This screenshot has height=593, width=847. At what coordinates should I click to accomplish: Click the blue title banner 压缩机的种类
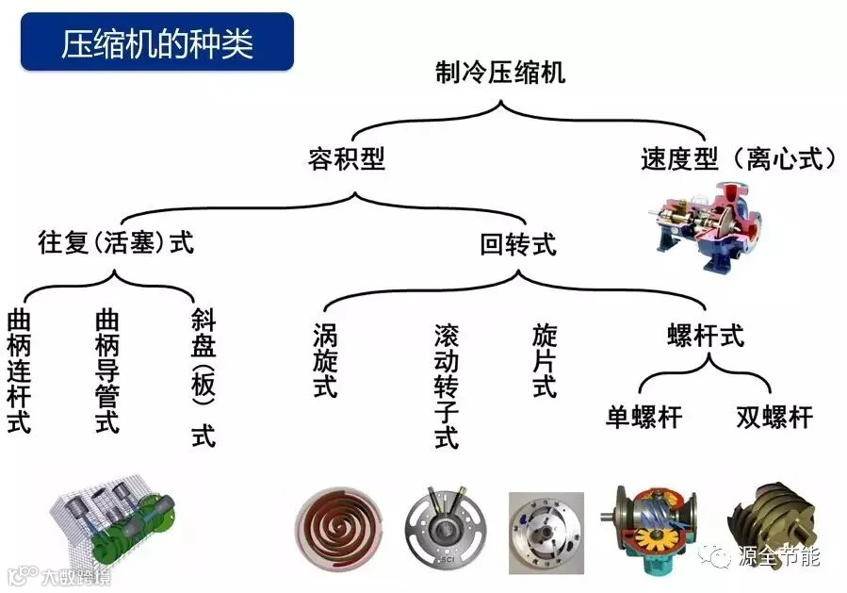click(156, 41)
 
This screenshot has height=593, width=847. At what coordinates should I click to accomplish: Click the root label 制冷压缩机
click(500, 73)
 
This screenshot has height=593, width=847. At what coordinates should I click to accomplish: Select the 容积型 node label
click(347, 159)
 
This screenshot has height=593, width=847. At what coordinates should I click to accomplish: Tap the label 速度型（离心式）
click(738, 159)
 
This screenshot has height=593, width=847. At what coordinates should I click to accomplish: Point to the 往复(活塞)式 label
click(116, 241)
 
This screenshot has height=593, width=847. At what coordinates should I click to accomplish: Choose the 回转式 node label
click(517, 244)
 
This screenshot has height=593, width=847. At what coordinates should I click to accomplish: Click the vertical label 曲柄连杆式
click(19, 371)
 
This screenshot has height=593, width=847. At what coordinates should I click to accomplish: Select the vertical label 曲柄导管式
click(107, 371)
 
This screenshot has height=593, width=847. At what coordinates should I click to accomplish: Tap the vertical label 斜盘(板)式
click(204, 377)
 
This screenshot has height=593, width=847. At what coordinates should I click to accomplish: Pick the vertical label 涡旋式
click(325, 360)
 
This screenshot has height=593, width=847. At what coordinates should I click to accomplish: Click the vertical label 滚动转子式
click(447, 387)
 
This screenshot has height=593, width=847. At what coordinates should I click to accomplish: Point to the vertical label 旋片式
click(544, 360)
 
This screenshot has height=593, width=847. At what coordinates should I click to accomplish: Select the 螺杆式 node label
click(706, 335)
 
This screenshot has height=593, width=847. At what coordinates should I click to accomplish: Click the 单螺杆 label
click(643, 418)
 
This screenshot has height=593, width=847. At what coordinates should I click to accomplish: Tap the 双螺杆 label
click(774, 418)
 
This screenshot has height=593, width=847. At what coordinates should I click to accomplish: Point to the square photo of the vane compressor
click(546, 533)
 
